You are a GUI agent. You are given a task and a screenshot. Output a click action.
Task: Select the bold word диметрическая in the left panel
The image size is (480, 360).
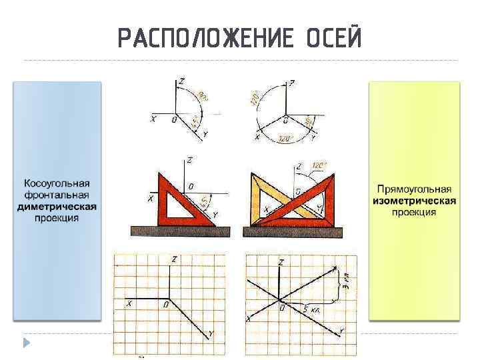coord(57,207)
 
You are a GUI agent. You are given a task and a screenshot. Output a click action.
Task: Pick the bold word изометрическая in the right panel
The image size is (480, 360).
coord(414,201)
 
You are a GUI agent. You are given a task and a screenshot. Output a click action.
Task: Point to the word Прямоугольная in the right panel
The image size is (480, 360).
coord(414,189)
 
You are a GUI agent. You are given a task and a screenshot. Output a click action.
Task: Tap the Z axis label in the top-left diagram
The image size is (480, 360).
coord(182,81)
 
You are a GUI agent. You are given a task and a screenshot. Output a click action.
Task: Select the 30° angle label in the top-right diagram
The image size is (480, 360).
coord(309,121)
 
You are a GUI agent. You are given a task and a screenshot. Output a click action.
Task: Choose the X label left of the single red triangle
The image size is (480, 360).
coord(150,199)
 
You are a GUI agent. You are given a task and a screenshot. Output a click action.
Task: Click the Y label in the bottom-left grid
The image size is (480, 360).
coord(211,333)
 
